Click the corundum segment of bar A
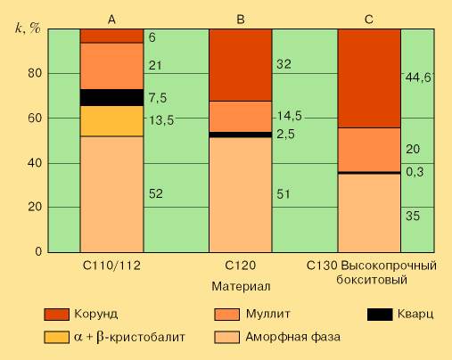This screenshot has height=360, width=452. click(111, 36)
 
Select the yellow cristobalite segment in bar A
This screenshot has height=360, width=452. click(111, 120)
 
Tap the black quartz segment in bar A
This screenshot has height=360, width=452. click(111, 97)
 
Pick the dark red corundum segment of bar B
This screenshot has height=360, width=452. click(240, 64)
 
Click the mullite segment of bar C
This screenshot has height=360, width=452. click(368, 149)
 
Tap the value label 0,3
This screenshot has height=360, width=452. click(415, 172)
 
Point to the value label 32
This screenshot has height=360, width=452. click(284, 64)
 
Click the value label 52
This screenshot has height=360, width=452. click(156, 193)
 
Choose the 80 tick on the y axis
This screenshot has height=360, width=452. click(33, 73)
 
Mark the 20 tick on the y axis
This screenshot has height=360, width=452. click(33, 207)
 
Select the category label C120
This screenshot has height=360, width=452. click(240, 266)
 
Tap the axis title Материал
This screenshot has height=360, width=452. click(241, 286)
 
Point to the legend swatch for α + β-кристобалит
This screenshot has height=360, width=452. click(57, 337)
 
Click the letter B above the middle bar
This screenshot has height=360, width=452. click(240, 19)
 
